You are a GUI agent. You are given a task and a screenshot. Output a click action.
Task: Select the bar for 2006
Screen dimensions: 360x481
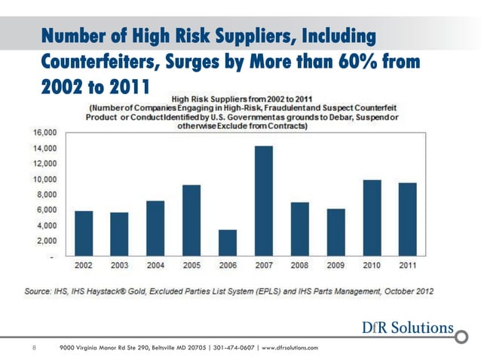(228, 243)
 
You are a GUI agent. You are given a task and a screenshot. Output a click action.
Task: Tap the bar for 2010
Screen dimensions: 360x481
(372, 218)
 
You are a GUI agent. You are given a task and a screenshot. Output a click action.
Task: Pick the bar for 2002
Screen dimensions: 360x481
(84, 233)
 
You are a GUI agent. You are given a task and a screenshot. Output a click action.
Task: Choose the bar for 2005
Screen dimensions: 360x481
(191, 220)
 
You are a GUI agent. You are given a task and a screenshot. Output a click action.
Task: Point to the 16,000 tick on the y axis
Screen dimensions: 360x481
(42, 132)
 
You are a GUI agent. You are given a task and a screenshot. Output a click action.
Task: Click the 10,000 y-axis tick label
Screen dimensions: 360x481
(42, 178)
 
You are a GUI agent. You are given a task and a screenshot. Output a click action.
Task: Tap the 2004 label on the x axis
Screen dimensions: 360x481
(155, 265)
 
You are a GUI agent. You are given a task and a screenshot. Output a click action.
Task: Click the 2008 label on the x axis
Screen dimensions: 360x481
(299, 265)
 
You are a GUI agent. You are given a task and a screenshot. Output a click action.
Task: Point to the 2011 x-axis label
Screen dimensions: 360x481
(408, 265)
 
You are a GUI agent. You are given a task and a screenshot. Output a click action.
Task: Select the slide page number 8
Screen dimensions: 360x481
(34, 347)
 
